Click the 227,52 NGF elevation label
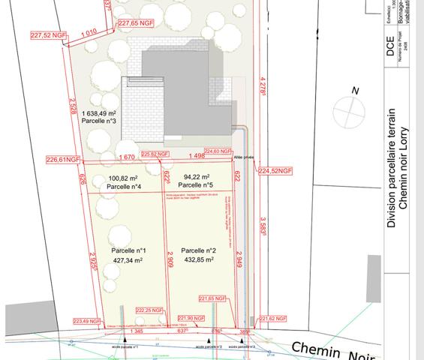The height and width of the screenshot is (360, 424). (x=44, y=35)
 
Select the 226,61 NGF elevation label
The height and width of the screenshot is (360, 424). (x=63, y=160)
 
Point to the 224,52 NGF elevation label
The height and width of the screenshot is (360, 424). (x=275, y=171)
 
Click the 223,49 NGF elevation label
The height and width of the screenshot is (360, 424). (x=85, y=321)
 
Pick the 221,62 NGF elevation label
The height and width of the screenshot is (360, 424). (x=275, y=318)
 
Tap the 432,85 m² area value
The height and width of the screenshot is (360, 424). (x=198, y=260)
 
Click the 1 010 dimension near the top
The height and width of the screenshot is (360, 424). (x=88, y=32)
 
